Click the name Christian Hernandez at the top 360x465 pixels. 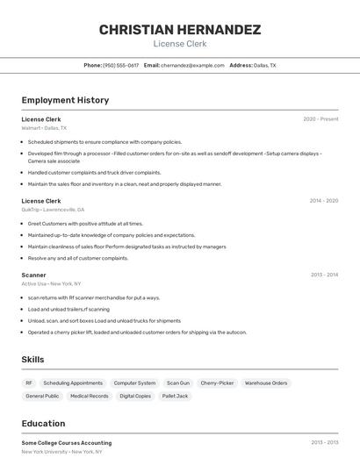(x=179, y=30)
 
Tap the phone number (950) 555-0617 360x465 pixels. (x=120, y=65)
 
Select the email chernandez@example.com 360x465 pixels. (x=192, y=65)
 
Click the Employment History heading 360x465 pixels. (x=65, y=100)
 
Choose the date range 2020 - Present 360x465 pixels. (x=320, y=119)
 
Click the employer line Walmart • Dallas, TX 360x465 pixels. (x=44, y=128)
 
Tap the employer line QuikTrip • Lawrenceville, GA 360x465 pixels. (x=53, y=210)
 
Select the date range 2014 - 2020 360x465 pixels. (x=323, y=201)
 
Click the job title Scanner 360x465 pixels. (x=33, y=275)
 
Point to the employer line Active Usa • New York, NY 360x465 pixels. (x=51, y=283)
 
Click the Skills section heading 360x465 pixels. (x=33, y=360)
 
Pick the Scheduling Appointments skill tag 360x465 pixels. (x=73, y=383)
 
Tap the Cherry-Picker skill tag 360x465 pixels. (x=217, y=383)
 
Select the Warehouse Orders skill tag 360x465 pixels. (x=266, y=383)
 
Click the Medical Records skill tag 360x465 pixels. (x=90, y=396)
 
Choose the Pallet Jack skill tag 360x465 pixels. (x=176, y=396)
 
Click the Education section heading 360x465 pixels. (x=43, y=424)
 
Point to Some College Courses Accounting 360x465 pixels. (x=66, y=443)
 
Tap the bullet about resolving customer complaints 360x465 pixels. (x=77, y=258)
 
